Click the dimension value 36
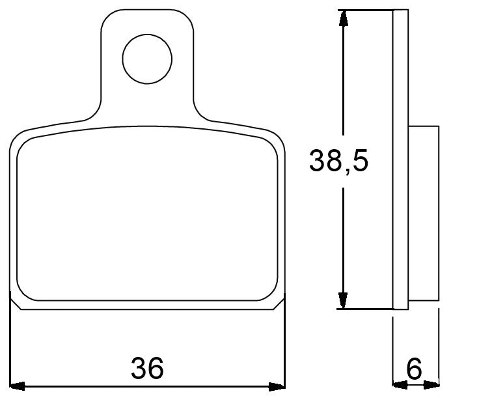pyautogui.click(x=147, y=369)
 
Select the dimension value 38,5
pyautogui.click(x=338, y=160)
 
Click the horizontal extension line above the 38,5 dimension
pyautogui.click(x=368, y=10)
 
